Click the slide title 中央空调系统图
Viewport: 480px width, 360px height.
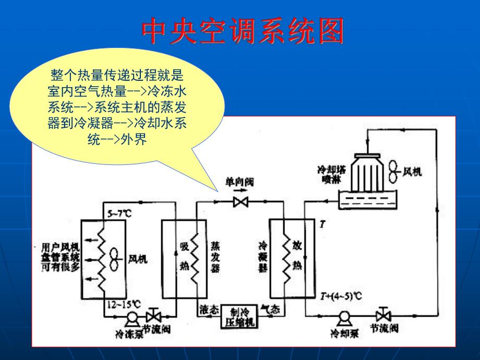click(x=243, y=32)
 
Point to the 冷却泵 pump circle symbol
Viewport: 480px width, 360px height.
click(x=344, y=316)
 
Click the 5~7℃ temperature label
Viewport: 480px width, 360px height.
click(x=118, y=213)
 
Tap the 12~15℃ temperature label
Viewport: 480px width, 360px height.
click(x=124, y=303)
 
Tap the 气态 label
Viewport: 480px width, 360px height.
click(x=270, y=309)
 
